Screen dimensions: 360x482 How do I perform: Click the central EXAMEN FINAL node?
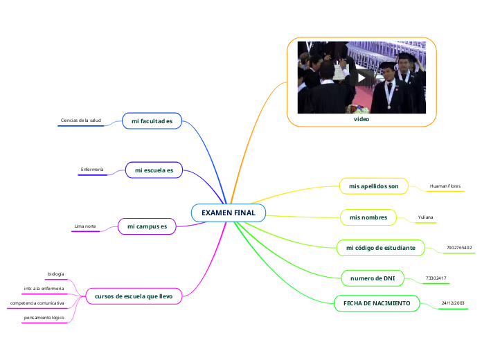[228, 212]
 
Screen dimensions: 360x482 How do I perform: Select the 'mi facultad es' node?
[152, 121]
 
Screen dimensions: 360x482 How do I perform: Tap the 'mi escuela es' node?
[154, 170]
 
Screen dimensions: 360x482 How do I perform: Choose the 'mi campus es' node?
[147, 226]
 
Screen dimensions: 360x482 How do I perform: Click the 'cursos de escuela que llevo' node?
[134, 296]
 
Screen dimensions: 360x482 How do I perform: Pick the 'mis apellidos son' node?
[374, 186]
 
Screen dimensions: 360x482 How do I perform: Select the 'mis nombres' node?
[368, 217]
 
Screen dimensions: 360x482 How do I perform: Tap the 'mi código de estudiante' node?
[380, 247]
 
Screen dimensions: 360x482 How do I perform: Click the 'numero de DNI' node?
[373, 278]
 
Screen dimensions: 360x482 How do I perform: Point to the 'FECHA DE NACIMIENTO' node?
[377, 303]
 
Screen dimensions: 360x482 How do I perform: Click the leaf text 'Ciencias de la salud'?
[81, 120]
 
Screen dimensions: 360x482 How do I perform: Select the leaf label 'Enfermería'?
[92, 170]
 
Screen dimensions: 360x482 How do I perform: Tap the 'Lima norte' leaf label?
[85, 226]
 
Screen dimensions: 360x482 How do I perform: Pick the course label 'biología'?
[55, 274]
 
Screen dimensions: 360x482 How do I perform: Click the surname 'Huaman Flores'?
[445, 186]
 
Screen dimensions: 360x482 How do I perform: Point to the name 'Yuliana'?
[426, 217]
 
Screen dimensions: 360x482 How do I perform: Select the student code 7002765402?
[459, 247]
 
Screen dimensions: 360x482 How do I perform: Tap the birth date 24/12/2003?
[453, 303]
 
